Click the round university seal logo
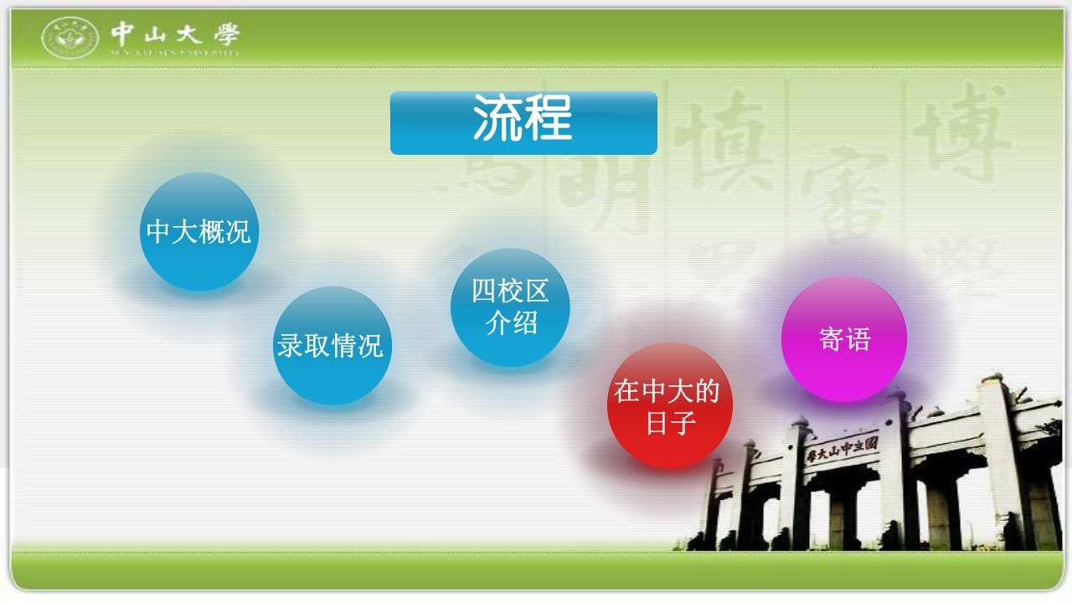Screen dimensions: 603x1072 70,38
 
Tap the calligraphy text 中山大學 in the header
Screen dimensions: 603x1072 175,33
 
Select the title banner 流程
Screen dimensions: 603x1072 523,122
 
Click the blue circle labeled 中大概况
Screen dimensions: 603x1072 198,232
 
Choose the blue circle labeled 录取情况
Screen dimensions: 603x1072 331,346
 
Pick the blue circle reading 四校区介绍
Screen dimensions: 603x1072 510,307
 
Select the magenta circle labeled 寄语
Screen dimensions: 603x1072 844,339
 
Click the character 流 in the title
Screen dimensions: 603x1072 497,119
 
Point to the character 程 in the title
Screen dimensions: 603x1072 549,119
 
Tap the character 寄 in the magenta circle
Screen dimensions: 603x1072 832,339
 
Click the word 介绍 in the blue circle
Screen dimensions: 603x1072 511,322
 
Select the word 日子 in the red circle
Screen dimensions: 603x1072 670,424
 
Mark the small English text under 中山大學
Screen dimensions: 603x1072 175,52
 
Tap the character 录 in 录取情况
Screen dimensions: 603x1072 291,346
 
